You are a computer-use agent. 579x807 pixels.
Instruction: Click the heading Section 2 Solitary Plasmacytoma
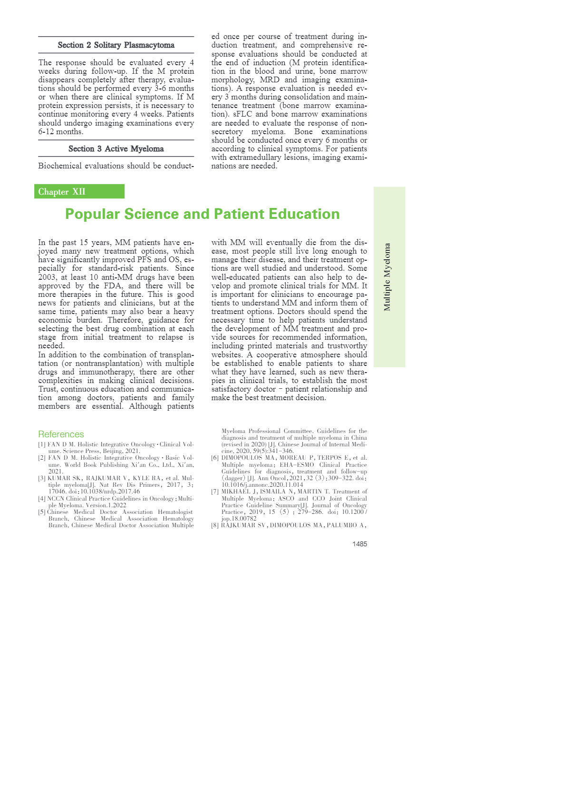tap(116, 45)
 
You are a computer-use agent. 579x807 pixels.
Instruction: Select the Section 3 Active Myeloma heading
tap(116, 149)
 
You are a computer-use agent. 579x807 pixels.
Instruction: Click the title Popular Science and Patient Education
tap(203, 214)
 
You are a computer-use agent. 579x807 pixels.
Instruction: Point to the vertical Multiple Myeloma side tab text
tap(387, 277)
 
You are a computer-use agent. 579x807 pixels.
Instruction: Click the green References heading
tap(61, 434)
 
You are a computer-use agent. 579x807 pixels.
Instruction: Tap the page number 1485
tap(359, 544)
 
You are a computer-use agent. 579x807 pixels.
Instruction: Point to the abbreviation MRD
tap(270, 79)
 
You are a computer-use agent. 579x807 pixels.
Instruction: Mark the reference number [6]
tap(215, 458)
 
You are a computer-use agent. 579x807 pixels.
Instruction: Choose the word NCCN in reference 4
tap(55, 499)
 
